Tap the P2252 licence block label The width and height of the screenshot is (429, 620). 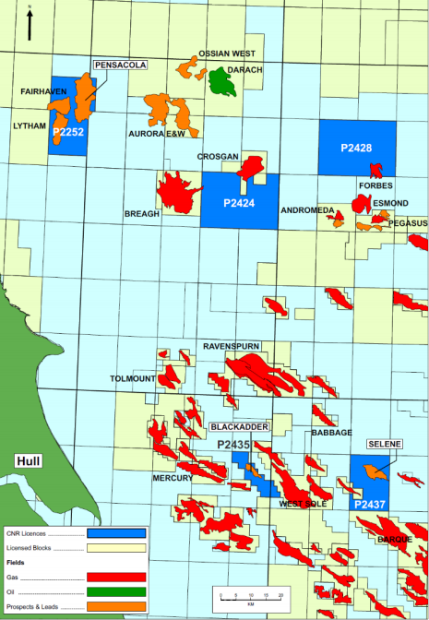(68, 133)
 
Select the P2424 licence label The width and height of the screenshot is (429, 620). (238, 202)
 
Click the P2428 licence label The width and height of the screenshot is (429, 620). (356, 148)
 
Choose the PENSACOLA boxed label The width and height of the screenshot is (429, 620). (120, 66)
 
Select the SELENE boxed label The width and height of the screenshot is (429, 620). (384, 444)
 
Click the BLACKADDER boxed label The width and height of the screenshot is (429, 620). (239, 428)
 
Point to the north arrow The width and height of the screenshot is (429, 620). (30, 23)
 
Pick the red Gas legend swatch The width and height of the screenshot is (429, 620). (116, 576)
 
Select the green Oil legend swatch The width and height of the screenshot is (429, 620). (116, 590)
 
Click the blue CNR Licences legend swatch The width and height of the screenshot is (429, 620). (116, 532)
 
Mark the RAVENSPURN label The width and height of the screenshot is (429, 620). (232, 346)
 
